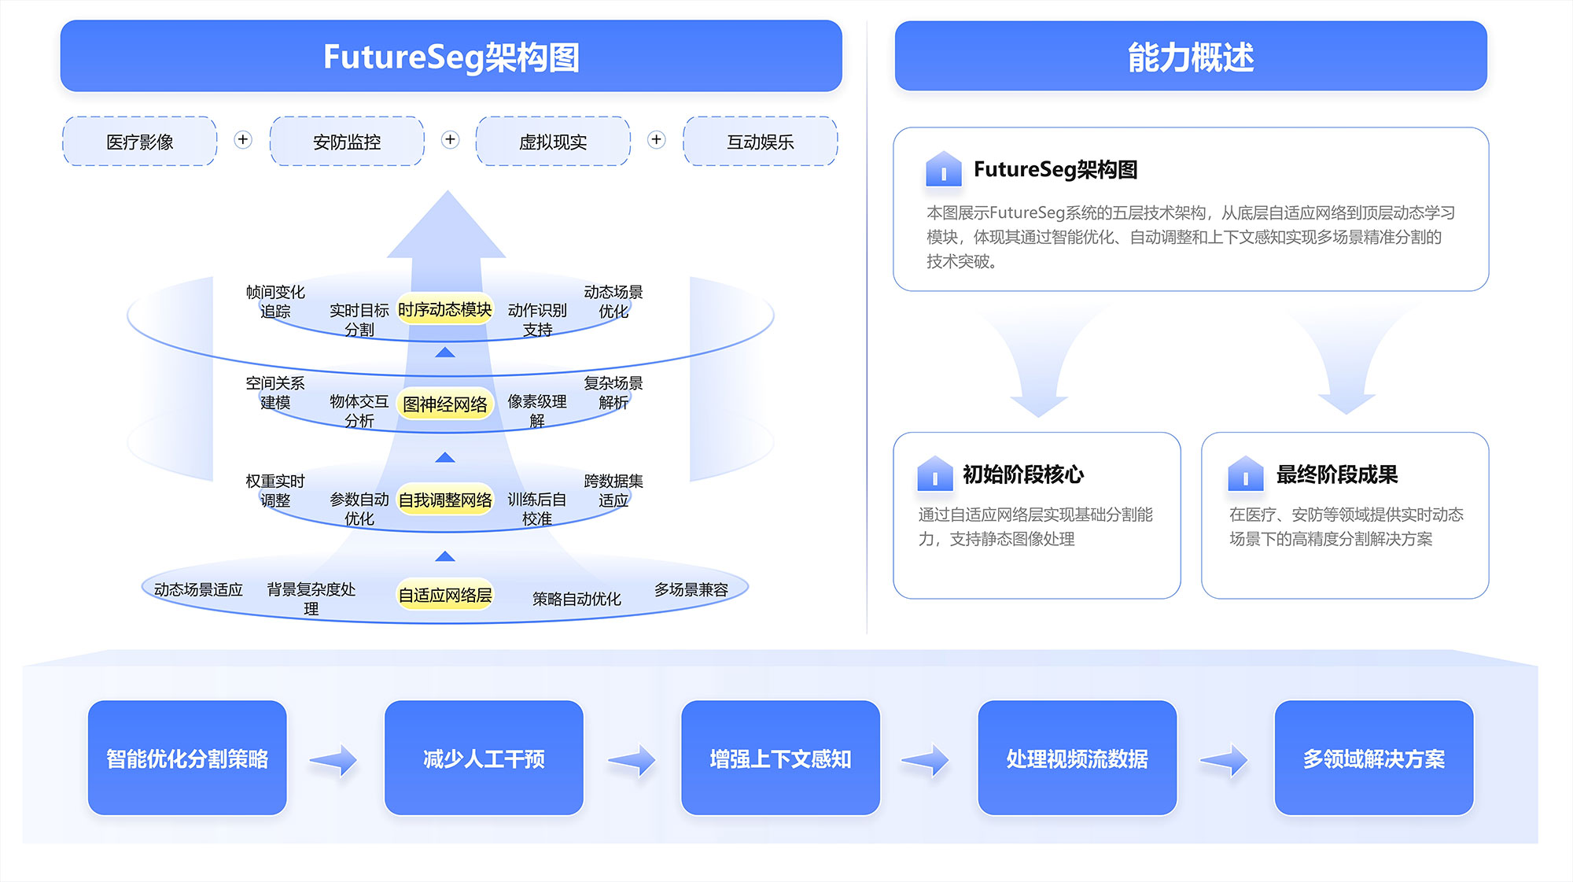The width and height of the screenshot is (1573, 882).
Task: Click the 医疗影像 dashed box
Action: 140,142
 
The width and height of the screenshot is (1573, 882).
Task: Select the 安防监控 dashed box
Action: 347,142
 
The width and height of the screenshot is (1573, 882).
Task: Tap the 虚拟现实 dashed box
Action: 553,142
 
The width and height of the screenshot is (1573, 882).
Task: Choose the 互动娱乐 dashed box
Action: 761,142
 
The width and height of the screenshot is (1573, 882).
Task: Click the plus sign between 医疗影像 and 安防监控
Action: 243,140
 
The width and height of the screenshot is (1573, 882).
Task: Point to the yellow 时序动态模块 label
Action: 444,310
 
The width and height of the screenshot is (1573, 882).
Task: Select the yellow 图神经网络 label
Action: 444,404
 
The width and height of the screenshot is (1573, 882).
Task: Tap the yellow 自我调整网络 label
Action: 444,500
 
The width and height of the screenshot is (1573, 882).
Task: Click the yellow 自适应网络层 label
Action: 444,596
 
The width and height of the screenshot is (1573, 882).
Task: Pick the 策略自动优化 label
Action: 577,600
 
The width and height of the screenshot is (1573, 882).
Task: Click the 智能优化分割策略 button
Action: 187,758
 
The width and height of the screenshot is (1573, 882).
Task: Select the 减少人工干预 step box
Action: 484,758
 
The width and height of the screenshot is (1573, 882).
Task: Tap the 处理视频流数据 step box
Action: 1077,758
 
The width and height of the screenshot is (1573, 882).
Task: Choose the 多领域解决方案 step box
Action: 1373,758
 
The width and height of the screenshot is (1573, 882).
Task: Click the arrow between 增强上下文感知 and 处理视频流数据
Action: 926,760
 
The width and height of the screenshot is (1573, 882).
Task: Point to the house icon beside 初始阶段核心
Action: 935,474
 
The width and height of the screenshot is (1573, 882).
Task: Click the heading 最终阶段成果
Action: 1336,474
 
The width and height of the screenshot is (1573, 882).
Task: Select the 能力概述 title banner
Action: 1191,57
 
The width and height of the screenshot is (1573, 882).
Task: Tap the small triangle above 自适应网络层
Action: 445,556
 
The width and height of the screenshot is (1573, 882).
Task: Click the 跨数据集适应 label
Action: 613,490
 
